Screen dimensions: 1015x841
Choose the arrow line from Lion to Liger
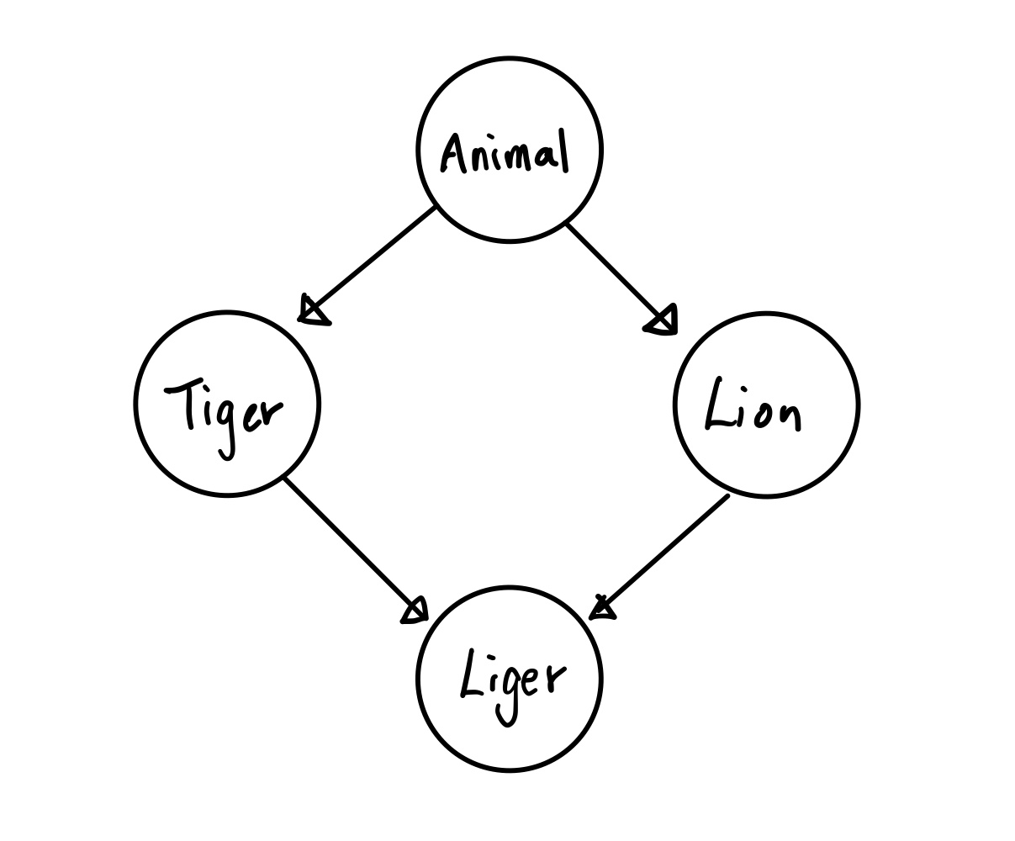[x=664, y=552]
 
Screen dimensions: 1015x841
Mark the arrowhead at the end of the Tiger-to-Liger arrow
[x=415, y=611]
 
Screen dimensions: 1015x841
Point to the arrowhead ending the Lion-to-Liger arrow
[x=602, y=608]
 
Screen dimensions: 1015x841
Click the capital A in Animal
[x=453, y=154]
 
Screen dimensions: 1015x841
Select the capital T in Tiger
[x=186, y=401]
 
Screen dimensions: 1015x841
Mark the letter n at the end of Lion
[x=790, y=417]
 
